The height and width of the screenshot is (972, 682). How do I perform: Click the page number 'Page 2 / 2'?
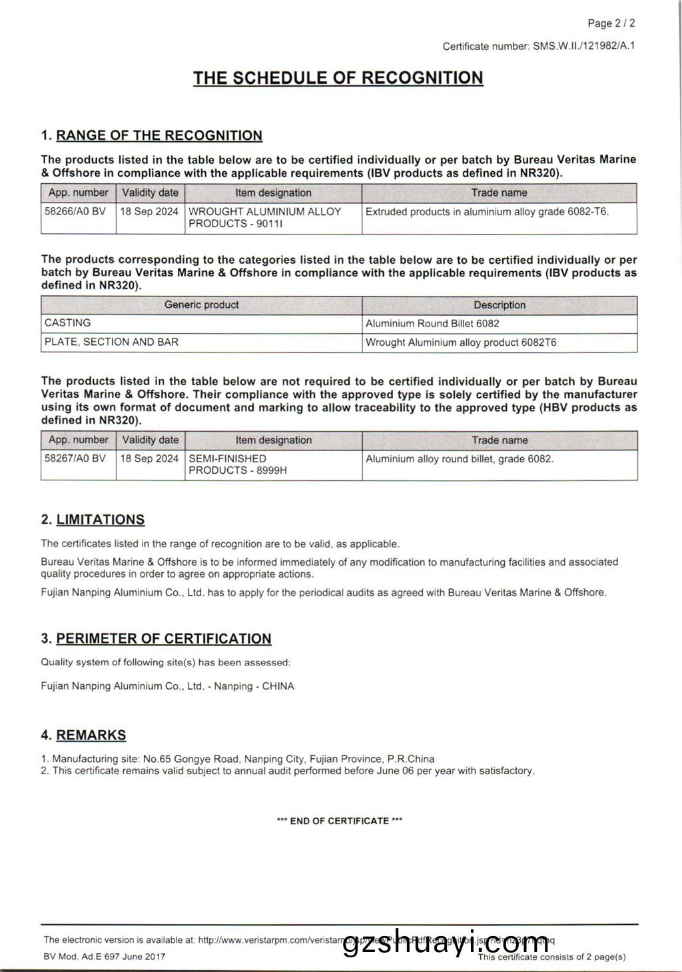611,23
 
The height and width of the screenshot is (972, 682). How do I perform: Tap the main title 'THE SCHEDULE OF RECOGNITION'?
338,78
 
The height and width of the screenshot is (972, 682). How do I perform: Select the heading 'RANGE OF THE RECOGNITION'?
159,136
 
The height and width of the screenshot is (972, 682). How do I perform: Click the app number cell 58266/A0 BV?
75,211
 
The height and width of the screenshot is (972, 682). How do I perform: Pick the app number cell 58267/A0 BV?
75,458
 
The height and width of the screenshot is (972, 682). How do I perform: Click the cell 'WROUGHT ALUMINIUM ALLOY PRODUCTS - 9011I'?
265,217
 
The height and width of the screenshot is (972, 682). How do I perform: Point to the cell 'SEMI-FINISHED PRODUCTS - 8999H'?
238,464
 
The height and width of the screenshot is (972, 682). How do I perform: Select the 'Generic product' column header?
201,305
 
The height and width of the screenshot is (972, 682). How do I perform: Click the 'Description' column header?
500,305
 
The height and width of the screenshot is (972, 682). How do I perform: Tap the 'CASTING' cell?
68,323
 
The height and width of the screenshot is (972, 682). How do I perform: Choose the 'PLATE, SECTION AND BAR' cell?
111,342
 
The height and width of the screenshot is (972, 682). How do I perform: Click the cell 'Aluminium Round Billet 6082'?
432,324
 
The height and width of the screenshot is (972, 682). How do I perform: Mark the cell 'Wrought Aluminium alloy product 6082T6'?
461,342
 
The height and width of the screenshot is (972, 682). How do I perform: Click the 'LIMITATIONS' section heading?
100,520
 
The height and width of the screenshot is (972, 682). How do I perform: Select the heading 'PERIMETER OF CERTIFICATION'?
163,639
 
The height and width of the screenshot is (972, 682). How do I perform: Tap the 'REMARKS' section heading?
91,735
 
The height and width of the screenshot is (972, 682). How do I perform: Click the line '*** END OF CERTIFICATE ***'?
340,821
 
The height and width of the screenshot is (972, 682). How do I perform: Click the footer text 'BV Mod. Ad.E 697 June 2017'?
105,957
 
